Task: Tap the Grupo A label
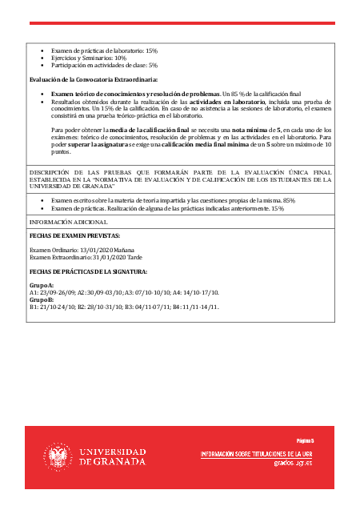tap(42, 285)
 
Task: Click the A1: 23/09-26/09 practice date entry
tap(53, 291)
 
